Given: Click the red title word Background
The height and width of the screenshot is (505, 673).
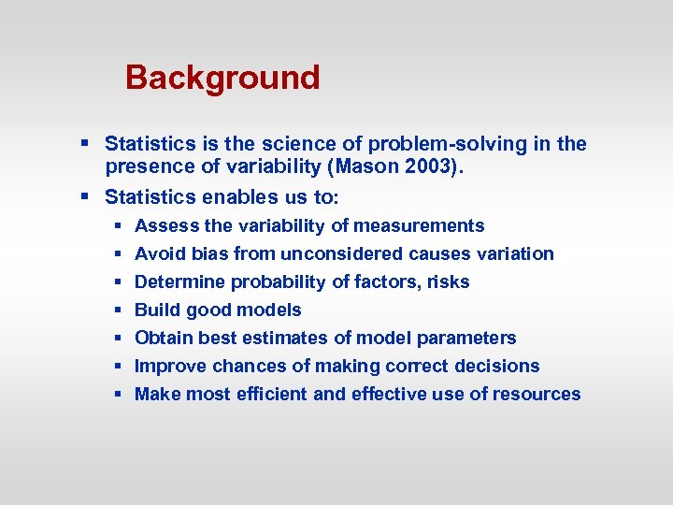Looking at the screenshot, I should pos(222,78).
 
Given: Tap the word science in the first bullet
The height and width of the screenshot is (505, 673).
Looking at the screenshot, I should pos(296,144).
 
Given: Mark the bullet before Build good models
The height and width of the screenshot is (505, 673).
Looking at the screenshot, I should pos(119,310).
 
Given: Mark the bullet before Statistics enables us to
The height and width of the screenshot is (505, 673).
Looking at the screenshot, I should pos(84,197).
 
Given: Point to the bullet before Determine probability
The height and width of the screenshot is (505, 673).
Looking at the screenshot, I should pos(119,281).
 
